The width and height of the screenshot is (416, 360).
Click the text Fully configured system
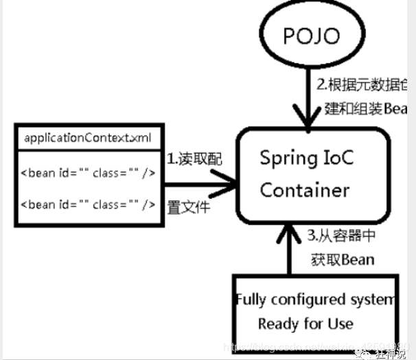(315, 300)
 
